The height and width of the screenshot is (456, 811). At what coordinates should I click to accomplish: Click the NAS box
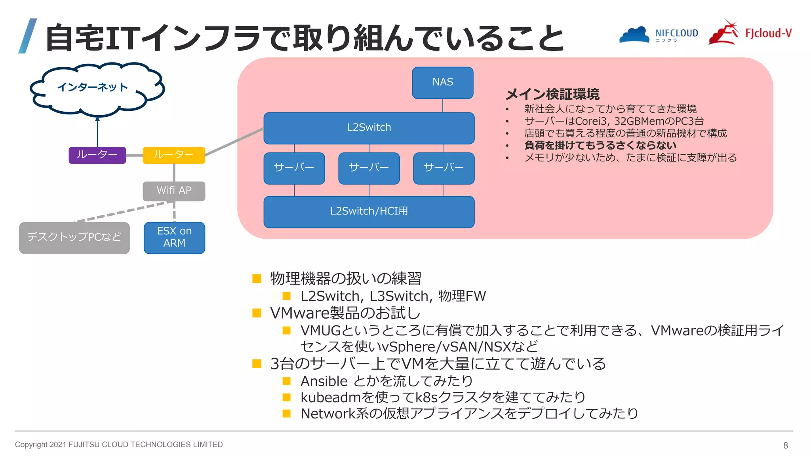[442, 82]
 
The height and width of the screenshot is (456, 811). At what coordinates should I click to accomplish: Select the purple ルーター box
[97, 155]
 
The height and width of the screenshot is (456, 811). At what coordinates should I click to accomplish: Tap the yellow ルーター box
[173, 155]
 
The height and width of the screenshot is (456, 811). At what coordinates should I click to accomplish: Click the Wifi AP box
[174, 191]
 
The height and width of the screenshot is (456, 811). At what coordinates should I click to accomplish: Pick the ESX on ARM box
[174, 237]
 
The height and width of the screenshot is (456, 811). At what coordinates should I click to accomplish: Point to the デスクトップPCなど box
[74, 237]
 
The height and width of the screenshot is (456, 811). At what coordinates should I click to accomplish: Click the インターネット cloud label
[92, 87]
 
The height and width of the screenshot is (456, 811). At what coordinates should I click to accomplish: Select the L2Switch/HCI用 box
[369, 211]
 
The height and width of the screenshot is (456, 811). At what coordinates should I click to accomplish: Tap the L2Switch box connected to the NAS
[369, 127]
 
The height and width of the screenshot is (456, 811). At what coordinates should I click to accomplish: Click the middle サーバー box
[369, 168]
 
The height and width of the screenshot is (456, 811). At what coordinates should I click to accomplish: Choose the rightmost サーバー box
[444, 168]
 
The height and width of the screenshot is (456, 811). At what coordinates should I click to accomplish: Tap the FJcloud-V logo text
[768, 33]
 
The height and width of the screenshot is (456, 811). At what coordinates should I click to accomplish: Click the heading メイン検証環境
[552, 94]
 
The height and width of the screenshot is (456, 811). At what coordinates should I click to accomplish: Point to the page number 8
[786, 445]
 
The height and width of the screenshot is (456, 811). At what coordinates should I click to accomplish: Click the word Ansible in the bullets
[324, 381]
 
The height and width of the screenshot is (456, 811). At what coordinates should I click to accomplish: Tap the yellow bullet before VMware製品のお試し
[257, 313]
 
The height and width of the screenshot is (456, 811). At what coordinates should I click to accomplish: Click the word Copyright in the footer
[31, 445]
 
